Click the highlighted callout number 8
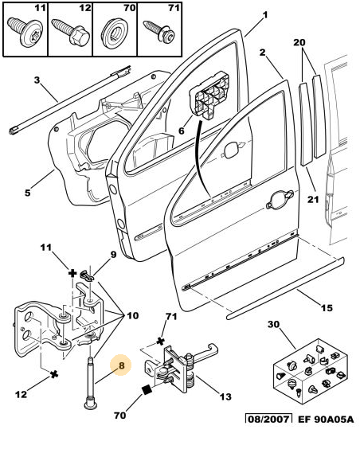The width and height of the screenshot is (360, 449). click(122, 367)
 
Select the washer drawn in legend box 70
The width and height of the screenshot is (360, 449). click(111, 37)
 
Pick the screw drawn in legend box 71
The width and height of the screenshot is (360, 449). click(155, 34)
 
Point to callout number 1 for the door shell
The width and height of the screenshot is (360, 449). click(265, 15)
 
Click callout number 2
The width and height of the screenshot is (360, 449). click(262, 52)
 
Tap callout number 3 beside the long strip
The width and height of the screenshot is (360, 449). click(37, 80)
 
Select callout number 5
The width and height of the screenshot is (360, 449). click(27, 191)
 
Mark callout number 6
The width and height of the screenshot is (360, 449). click(182, 131)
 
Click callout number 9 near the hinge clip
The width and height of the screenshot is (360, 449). click(112, 255)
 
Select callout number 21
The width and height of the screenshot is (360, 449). click(313, 199)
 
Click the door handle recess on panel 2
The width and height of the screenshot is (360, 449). click(280, 201)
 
